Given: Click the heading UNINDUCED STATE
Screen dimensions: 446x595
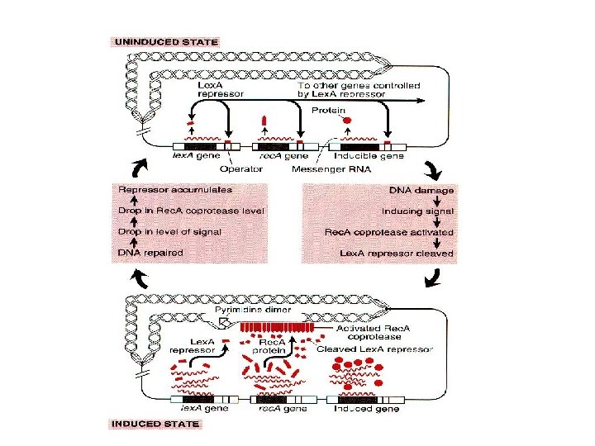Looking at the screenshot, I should [166, 41].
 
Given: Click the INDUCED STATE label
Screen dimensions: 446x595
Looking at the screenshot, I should [156, 425].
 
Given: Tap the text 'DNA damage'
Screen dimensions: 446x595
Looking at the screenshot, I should [421, 190].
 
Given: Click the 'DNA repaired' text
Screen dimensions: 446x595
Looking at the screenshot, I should [150, 253].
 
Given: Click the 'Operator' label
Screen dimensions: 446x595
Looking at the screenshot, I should [241, 169].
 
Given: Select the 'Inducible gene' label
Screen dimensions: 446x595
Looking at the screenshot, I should [369, 155].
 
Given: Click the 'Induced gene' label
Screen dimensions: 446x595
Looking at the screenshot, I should [366, 408].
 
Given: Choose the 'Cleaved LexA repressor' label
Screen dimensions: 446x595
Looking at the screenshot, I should [374, 349].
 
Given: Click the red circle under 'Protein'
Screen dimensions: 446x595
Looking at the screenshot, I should [346, 120].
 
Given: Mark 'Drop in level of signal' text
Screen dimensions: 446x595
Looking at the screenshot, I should [169, 232].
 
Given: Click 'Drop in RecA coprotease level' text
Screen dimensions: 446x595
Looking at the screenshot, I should [192, 211].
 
